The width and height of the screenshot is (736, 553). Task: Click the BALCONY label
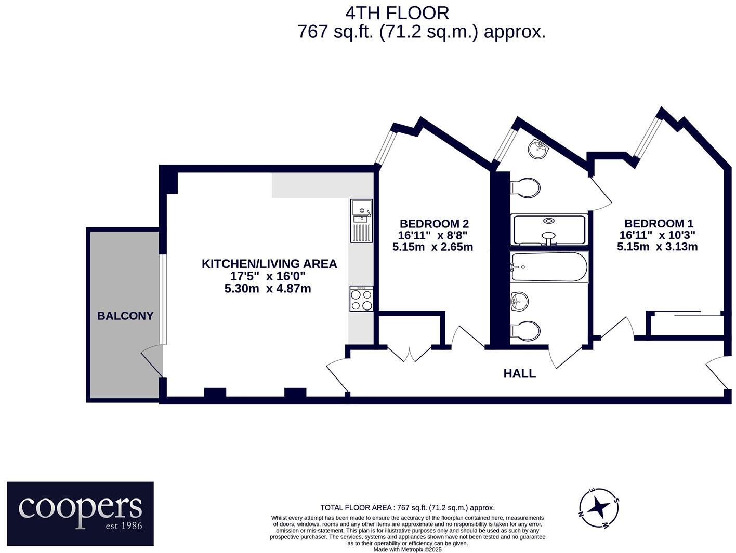click(125, 316)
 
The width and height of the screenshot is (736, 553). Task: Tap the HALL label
click(519, 373)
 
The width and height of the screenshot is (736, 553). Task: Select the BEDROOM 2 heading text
click(434, 223)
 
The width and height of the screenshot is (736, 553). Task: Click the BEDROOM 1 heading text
click(659, 223)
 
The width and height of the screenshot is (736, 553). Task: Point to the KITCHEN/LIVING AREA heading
click(269, 264)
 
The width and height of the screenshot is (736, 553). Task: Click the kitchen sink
click(361, 221)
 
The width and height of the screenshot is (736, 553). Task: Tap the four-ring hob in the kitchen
click(361, 299)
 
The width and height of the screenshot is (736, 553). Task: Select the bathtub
click(549, 267)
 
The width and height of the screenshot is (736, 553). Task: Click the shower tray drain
click(548, 221)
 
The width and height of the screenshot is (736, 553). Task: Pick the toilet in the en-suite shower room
click(525, 187)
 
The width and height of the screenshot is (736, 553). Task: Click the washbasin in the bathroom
click(519, 301)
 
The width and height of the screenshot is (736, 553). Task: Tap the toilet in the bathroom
click(525, 331)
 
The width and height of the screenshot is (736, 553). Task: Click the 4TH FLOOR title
click(397, 14)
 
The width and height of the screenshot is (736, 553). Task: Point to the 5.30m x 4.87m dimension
click(268, 288)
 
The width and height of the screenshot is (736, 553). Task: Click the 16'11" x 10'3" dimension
click(657, 235)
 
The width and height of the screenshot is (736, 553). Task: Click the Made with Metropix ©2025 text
click(408, 550)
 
